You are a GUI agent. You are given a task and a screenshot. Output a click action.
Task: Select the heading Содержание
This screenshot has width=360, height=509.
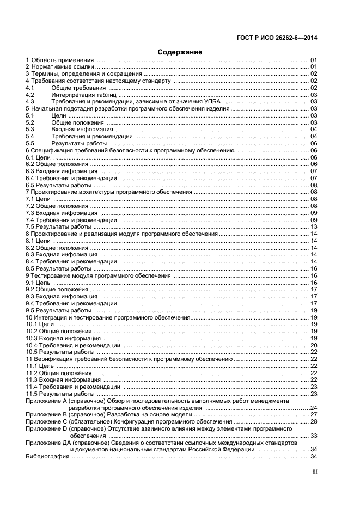180,52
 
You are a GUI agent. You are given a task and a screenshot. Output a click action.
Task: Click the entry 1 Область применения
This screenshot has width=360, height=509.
60,60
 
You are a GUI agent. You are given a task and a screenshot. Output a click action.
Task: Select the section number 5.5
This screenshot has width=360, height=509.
30,144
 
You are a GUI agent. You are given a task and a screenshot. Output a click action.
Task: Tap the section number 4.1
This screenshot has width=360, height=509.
30,88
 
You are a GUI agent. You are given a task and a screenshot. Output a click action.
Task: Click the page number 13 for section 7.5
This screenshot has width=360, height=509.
314,226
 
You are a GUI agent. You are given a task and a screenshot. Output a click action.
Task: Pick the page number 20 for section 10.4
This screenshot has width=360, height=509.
314,345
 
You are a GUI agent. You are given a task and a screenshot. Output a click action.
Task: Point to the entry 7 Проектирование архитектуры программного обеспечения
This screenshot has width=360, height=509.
109,192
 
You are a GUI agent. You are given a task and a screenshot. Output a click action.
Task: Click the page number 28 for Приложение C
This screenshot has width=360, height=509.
314,422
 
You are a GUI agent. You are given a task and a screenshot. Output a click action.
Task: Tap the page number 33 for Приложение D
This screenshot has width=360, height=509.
314,436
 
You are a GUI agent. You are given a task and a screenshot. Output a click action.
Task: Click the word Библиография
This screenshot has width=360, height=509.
47,457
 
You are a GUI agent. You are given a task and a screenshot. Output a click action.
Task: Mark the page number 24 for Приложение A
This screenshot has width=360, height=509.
313,408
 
